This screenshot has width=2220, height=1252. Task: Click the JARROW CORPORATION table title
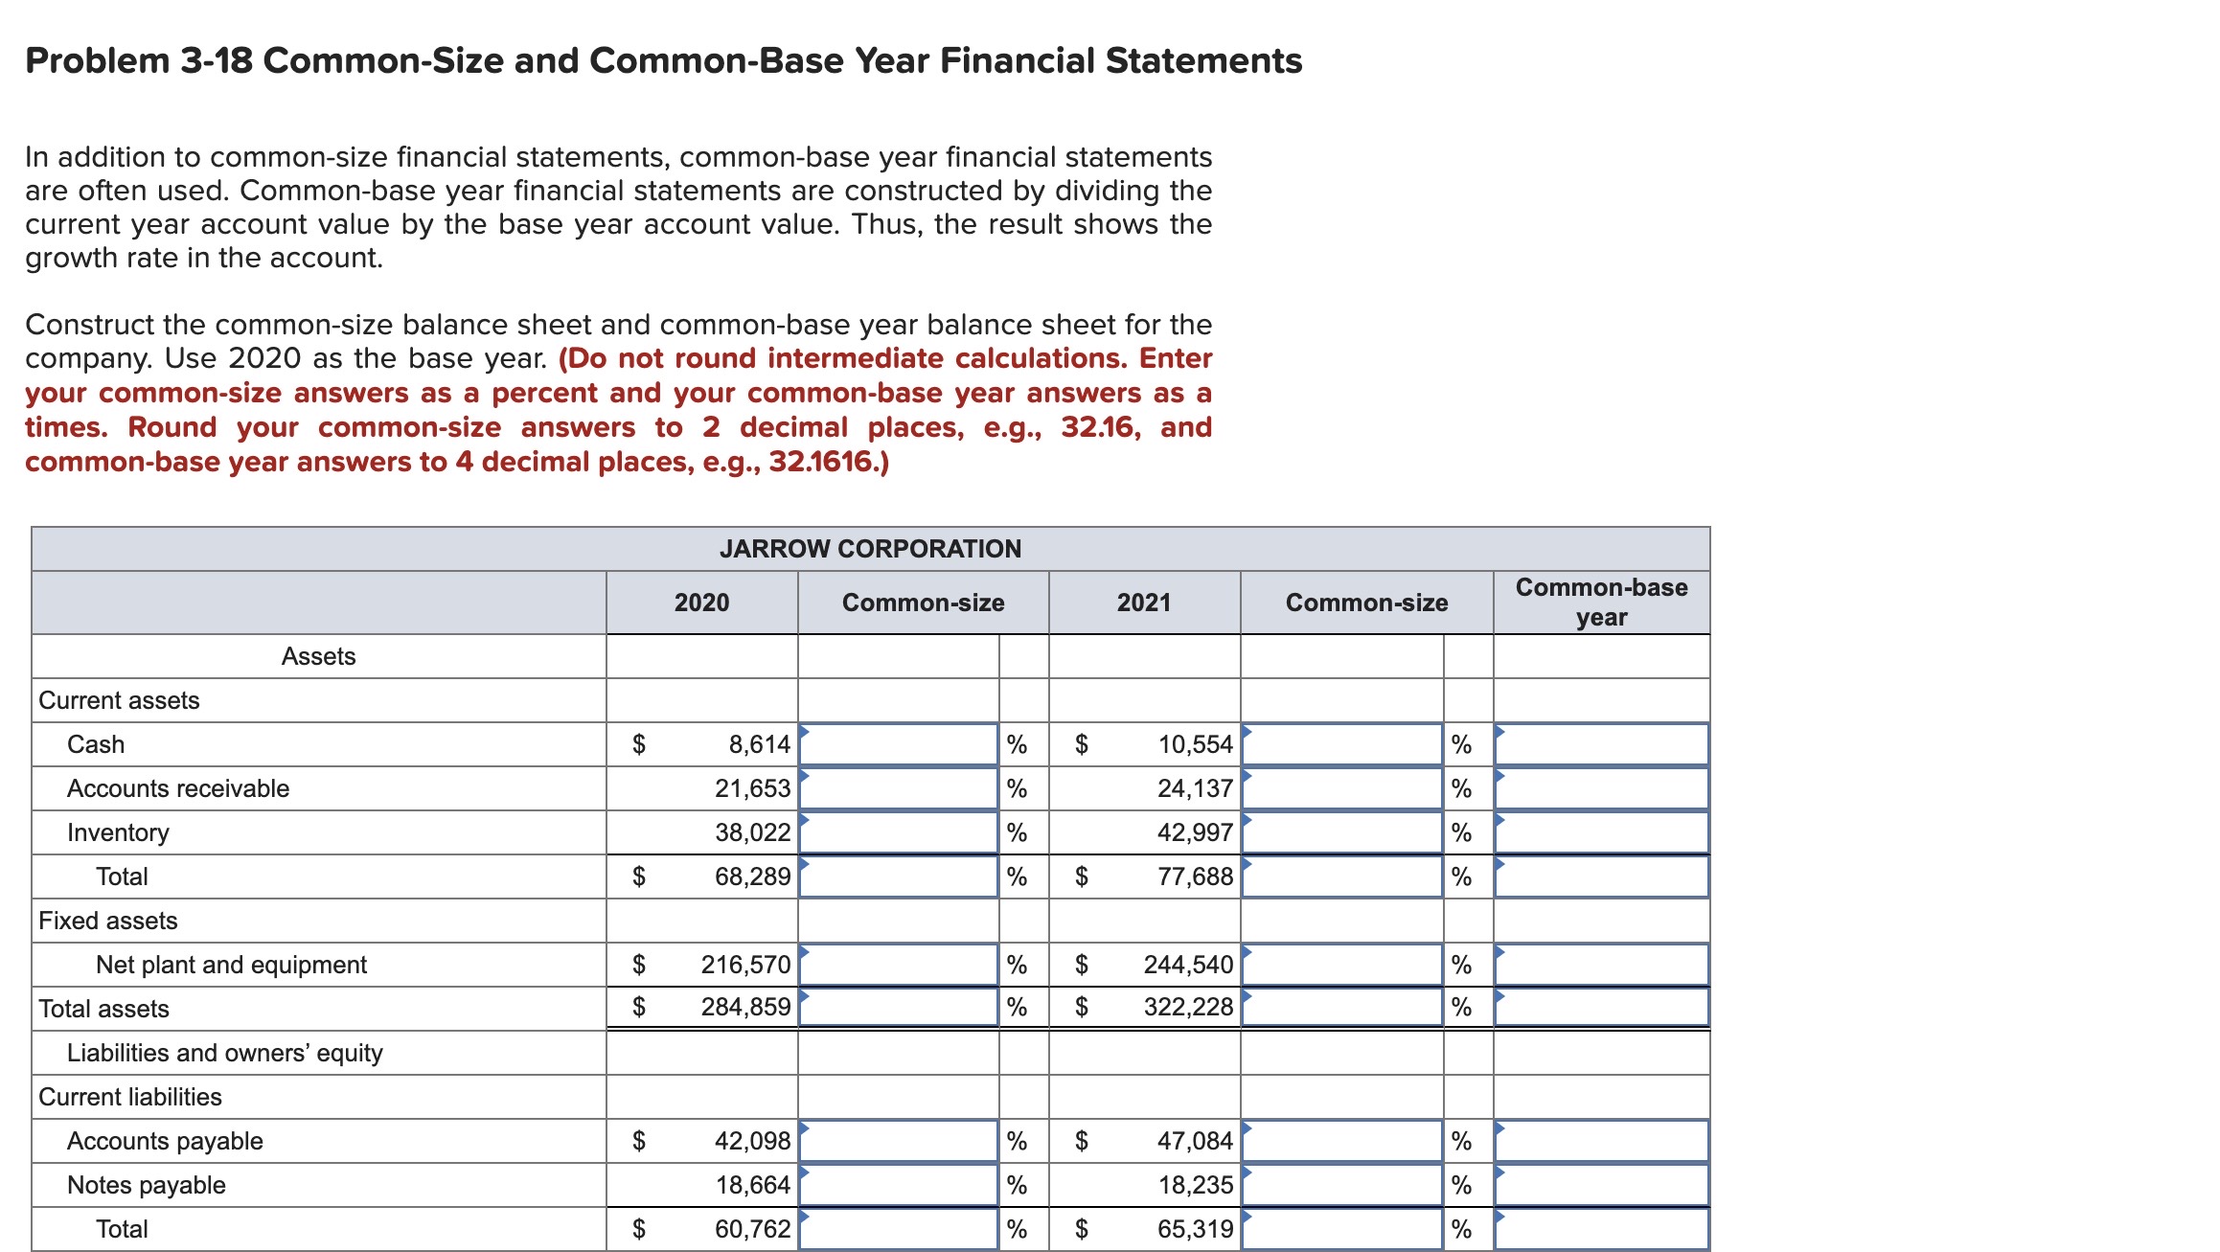(870, 549)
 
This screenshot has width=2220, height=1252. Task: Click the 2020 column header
(701, 603)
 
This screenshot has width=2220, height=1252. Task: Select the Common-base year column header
(1601, 602)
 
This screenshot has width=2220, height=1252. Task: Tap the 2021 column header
(1144, 603)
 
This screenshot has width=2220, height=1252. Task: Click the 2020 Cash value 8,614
(759, 744)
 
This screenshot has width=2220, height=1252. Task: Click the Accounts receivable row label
(178, 788)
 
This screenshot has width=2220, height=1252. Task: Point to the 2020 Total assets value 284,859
(745, 1007)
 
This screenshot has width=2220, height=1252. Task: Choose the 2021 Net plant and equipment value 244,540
(1188, 965)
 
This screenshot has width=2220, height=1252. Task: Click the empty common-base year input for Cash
(1601, 744)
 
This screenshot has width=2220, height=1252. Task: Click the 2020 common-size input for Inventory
(899, 832)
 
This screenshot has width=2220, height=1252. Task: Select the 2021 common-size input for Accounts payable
(1341, 1141)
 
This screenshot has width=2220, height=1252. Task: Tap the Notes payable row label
(147, 1185)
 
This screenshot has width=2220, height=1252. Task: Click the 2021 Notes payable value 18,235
(1195, 1185)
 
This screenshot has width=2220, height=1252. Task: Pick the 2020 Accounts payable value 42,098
(752, 1141)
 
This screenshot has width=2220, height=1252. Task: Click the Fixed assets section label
(108, 921)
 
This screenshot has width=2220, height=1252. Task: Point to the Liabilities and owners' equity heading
(225, 1053)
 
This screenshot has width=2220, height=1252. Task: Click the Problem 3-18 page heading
(663, 60)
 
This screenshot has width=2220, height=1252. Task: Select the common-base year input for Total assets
(1601, 1007)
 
